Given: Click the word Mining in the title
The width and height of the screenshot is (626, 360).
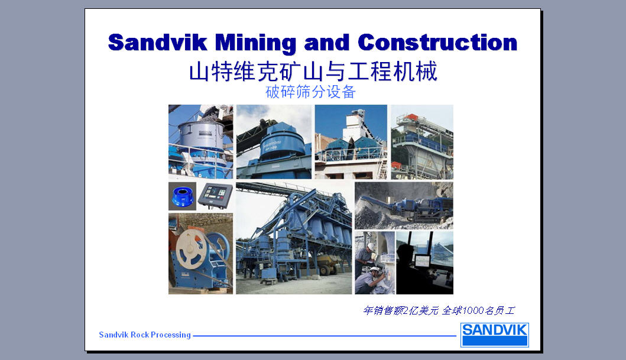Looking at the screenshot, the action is click(255, 43).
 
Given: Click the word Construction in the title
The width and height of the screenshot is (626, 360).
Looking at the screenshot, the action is click(437, 43).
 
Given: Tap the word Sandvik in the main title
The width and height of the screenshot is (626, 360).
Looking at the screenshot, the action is click(158, 43).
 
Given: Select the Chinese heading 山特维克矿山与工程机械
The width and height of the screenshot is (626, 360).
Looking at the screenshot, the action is click(313, 72).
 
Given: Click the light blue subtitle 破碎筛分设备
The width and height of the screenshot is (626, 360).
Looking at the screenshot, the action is click(310, 92).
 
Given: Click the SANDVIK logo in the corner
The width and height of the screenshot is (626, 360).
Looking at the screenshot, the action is click(495, 335).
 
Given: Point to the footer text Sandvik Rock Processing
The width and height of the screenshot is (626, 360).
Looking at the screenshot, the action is click(145, 335).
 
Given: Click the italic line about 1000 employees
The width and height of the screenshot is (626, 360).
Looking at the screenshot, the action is click(439, 310).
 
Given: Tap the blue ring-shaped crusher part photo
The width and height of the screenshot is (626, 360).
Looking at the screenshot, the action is click(183, 196).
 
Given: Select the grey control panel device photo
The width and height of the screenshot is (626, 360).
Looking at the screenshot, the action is click(215, 196).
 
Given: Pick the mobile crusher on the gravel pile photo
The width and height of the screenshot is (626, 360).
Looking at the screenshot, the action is click(404, 206).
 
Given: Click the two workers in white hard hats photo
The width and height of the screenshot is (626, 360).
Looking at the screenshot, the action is click(375, 262).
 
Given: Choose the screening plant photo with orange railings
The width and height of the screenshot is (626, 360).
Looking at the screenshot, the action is click(422, 142).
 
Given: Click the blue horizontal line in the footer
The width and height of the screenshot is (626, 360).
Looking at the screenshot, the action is click(325, 336).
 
